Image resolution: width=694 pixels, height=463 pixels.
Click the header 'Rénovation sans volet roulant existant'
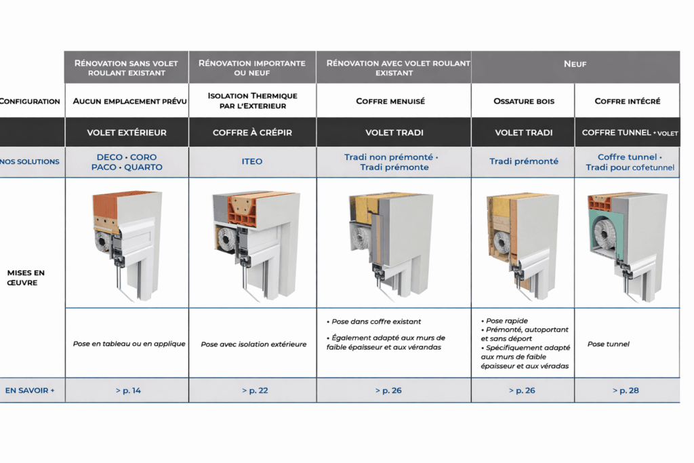(x=126, y=68)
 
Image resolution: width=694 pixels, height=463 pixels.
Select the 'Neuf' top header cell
(x=575, y=64)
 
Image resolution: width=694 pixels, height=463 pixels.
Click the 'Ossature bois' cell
(x=524, y=101)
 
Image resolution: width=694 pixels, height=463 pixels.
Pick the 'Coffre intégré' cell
(x=627, y=101)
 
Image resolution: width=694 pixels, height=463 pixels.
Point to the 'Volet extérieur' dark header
(x=127, y=133)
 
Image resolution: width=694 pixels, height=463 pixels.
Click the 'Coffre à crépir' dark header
(x=252, y=133)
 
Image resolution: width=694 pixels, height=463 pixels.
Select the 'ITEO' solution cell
(x=252, y=162)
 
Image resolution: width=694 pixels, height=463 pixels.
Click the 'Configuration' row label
(x=30, y=101)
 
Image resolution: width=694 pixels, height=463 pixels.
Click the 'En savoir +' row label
(x=30, y=390)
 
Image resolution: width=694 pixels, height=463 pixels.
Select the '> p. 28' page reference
(x=626, y=390)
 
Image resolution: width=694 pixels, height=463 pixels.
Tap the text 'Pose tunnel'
(x=608, y=344)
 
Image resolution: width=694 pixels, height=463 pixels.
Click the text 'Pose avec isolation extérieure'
(x=253, y=344)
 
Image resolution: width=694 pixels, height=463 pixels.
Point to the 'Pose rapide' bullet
(x=507, y=321)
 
